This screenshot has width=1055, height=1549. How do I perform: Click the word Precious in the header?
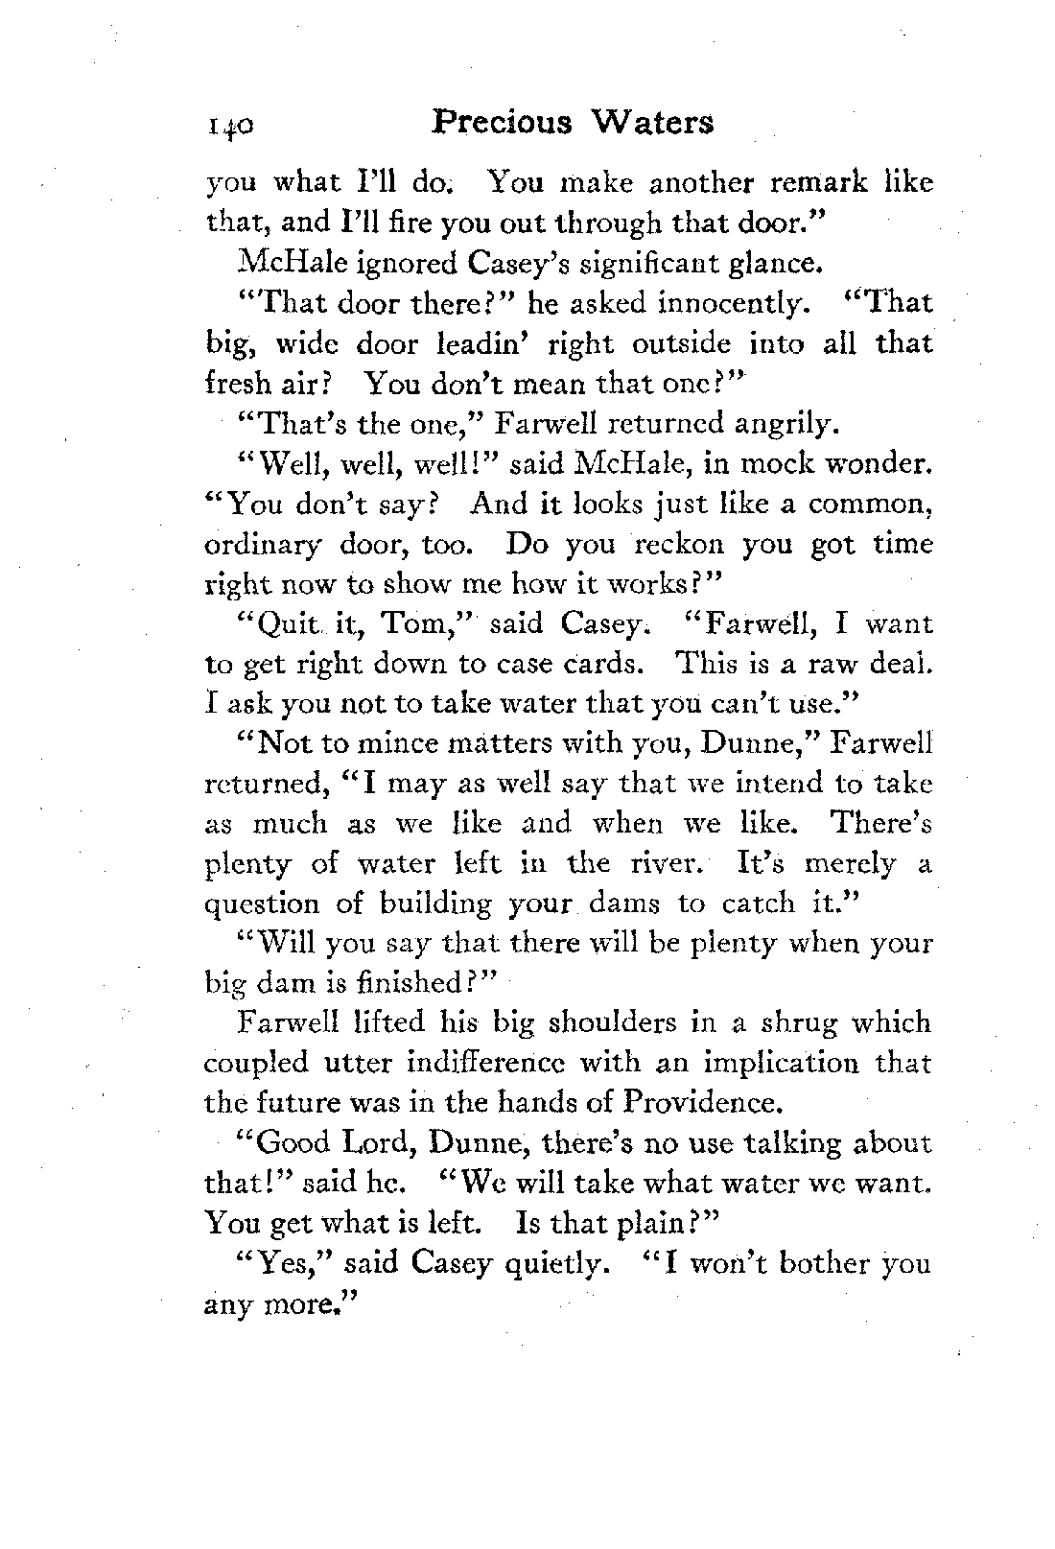click(x=503, y=124)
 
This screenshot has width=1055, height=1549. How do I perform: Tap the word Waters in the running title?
click(x=651, y=124)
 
